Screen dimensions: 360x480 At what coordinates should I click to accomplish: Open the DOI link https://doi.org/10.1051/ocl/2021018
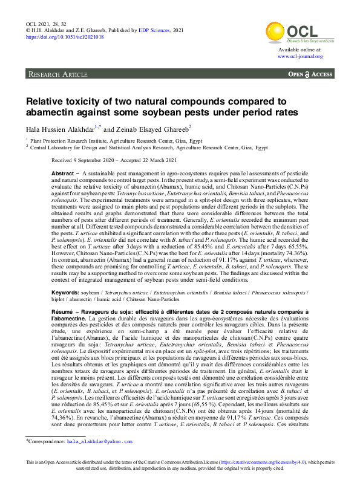(64, 36)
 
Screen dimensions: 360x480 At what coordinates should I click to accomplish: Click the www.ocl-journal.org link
(300, 56)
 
